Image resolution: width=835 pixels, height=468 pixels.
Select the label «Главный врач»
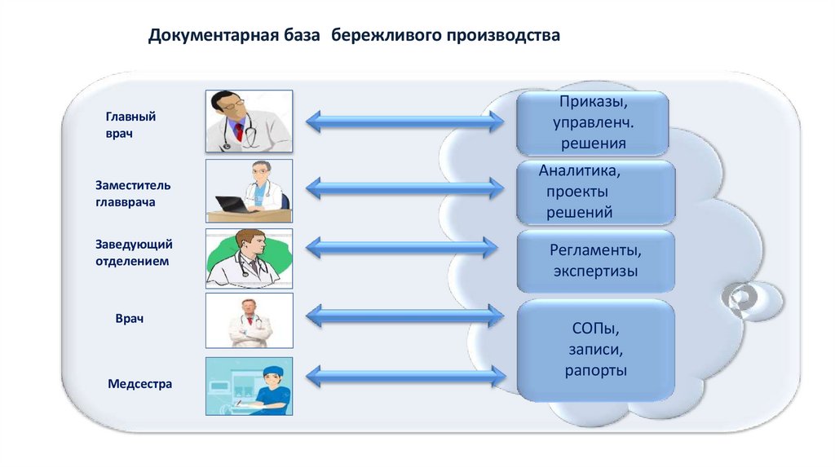pyautogui.click(x=130, y=125)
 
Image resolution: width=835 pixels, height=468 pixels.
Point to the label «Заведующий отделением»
pyautogui.click(x=134, y=253)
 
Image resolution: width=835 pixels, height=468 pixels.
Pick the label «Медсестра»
pyautogui.click(x=140, y=383)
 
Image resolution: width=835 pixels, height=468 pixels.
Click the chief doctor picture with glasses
pyautogui.click(x=249, y=121)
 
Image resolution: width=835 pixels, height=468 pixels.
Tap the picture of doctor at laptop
pyautogui.click(x=249, y=191)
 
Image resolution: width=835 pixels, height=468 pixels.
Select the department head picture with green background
pyautogui.click(x=249, y=258)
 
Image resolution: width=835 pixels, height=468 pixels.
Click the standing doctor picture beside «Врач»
pyautogui.click(x=249, y=320)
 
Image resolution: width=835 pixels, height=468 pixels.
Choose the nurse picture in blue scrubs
pyautogui.click(x=249, y=386)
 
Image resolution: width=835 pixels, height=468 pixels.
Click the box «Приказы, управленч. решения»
pyautogui.click(x=593, y=124)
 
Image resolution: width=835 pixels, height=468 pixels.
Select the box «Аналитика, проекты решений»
pyautogui.click(x=595, y=192)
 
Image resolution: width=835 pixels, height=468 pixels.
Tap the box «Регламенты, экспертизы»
pyautogui.click(x=595, y=260)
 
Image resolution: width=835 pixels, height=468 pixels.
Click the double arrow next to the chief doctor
pyautogui.click(x=405, y=122)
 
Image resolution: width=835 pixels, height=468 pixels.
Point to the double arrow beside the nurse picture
pyautogui.click(x=405, y=376)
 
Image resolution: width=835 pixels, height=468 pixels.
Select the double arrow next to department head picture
pyautogui.click(x=402, y=247)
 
